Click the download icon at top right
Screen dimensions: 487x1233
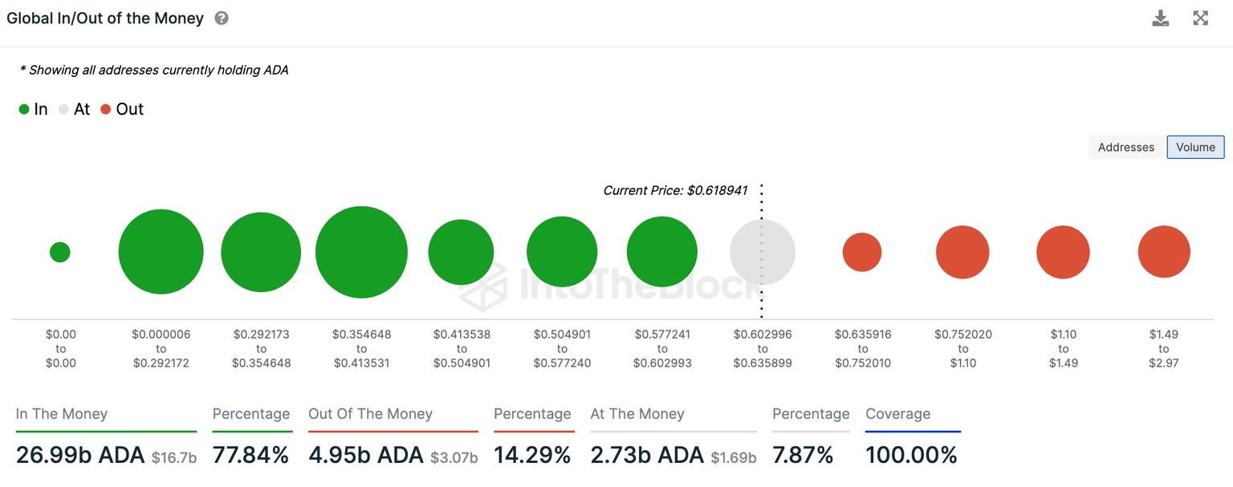click(x=1161, y=18)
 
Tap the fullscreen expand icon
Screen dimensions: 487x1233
click(x=1201, y=18)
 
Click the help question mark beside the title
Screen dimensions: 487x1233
click(x=222, y=18)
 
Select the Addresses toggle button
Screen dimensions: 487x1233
click(x=1125, y=148)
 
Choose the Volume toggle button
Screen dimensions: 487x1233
click(x=1195, y=148)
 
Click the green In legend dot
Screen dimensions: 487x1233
click(x=24, y=110)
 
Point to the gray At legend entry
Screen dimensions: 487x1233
click(x=74, y=110)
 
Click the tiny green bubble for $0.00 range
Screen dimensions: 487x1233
click(x=60, y=252)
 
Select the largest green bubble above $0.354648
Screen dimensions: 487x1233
click(x=361, y=252)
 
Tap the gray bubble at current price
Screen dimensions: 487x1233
click(x=763, y=252)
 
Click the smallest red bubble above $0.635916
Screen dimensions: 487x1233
click(x=862, y=252)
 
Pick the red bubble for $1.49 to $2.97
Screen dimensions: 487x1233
click(x=1163, y=252)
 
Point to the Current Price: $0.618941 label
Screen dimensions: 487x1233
click(x=675, y=191)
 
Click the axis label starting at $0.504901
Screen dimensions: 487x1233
click(x=562, y=348)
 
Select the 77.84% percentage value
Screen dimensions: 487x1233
click(x=250, y=456)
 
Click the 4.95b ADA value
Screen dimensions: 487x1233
click(x=366, y=456)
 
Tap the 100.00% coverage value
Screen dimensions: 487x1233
click(x=911, y=456)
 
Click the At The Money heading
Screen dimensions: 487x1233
click(x=637, y=414)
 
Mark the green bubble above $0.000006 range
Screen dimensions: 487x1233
click(x=161, y=252)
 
